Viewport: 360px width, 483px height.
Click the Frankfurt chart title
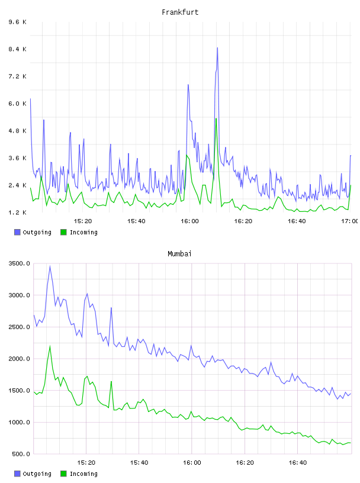(x=180, y=12)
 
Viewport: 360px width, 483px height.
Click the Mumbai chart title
(x=179, y=254)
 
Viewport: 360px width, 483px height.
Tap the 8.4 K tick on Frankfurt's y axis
(x=18, y=49)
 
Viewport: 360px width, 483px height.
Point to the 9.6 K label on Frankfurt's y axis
(x=18, y=22)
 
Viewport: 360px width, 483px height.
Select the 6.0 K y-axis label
(x=18, y=104)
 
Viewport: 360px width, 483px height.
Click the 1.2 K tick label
(x=18, y=212)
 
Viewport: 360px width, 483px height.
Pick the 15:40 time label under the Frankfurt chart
(x=136, y=221)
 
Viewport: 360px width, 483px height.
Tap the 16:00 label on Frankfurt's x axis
(x=189, y=221)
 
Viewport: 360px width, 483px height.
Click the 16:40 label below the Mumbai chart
(x=298, y=463)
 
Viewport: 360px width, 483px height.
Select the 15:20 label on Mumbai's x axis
(x=86, y=463)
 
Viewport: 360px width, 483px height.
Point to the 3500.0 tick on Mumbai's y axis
(x=20, y=263)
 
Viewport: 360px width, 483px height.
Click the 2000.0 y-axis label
(x=20, y=359)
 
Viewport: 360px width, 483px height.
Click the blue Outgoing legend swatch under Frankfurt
(x=17, y=232)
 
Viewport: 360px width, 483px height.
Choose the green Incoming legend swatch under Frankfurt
(x=63, y=232)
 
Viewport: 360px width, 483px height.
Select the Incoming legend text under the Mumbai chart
(x=83, y=474)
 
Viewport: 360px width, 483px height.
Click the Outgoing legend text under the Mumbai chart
(x=37, y=474)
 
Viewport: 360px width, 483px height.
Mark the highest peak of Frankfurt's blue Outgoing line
(x=217, y=48)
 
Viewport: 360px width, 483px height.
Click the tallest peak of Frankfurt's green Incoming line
(x=216, y=118)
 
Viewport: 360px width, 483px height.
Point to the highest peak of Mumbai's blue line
(x=50, y=266)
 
